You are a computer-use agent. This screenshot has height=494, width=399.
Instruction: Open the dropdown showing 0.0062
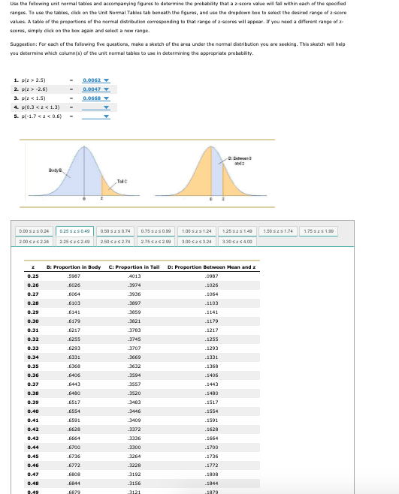(95, 79)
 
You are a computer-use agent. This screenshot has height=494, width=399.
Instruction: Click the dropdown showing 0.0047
(95, 89)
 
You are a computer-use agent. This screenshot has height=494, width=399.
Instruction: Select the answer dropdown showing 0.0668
(95, 98)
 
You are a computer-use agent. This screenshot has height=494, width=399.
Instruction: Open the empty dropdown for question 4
(95, 107)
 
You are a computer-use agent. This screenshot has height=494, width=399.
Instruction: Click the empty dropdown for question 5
(95, 116)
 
